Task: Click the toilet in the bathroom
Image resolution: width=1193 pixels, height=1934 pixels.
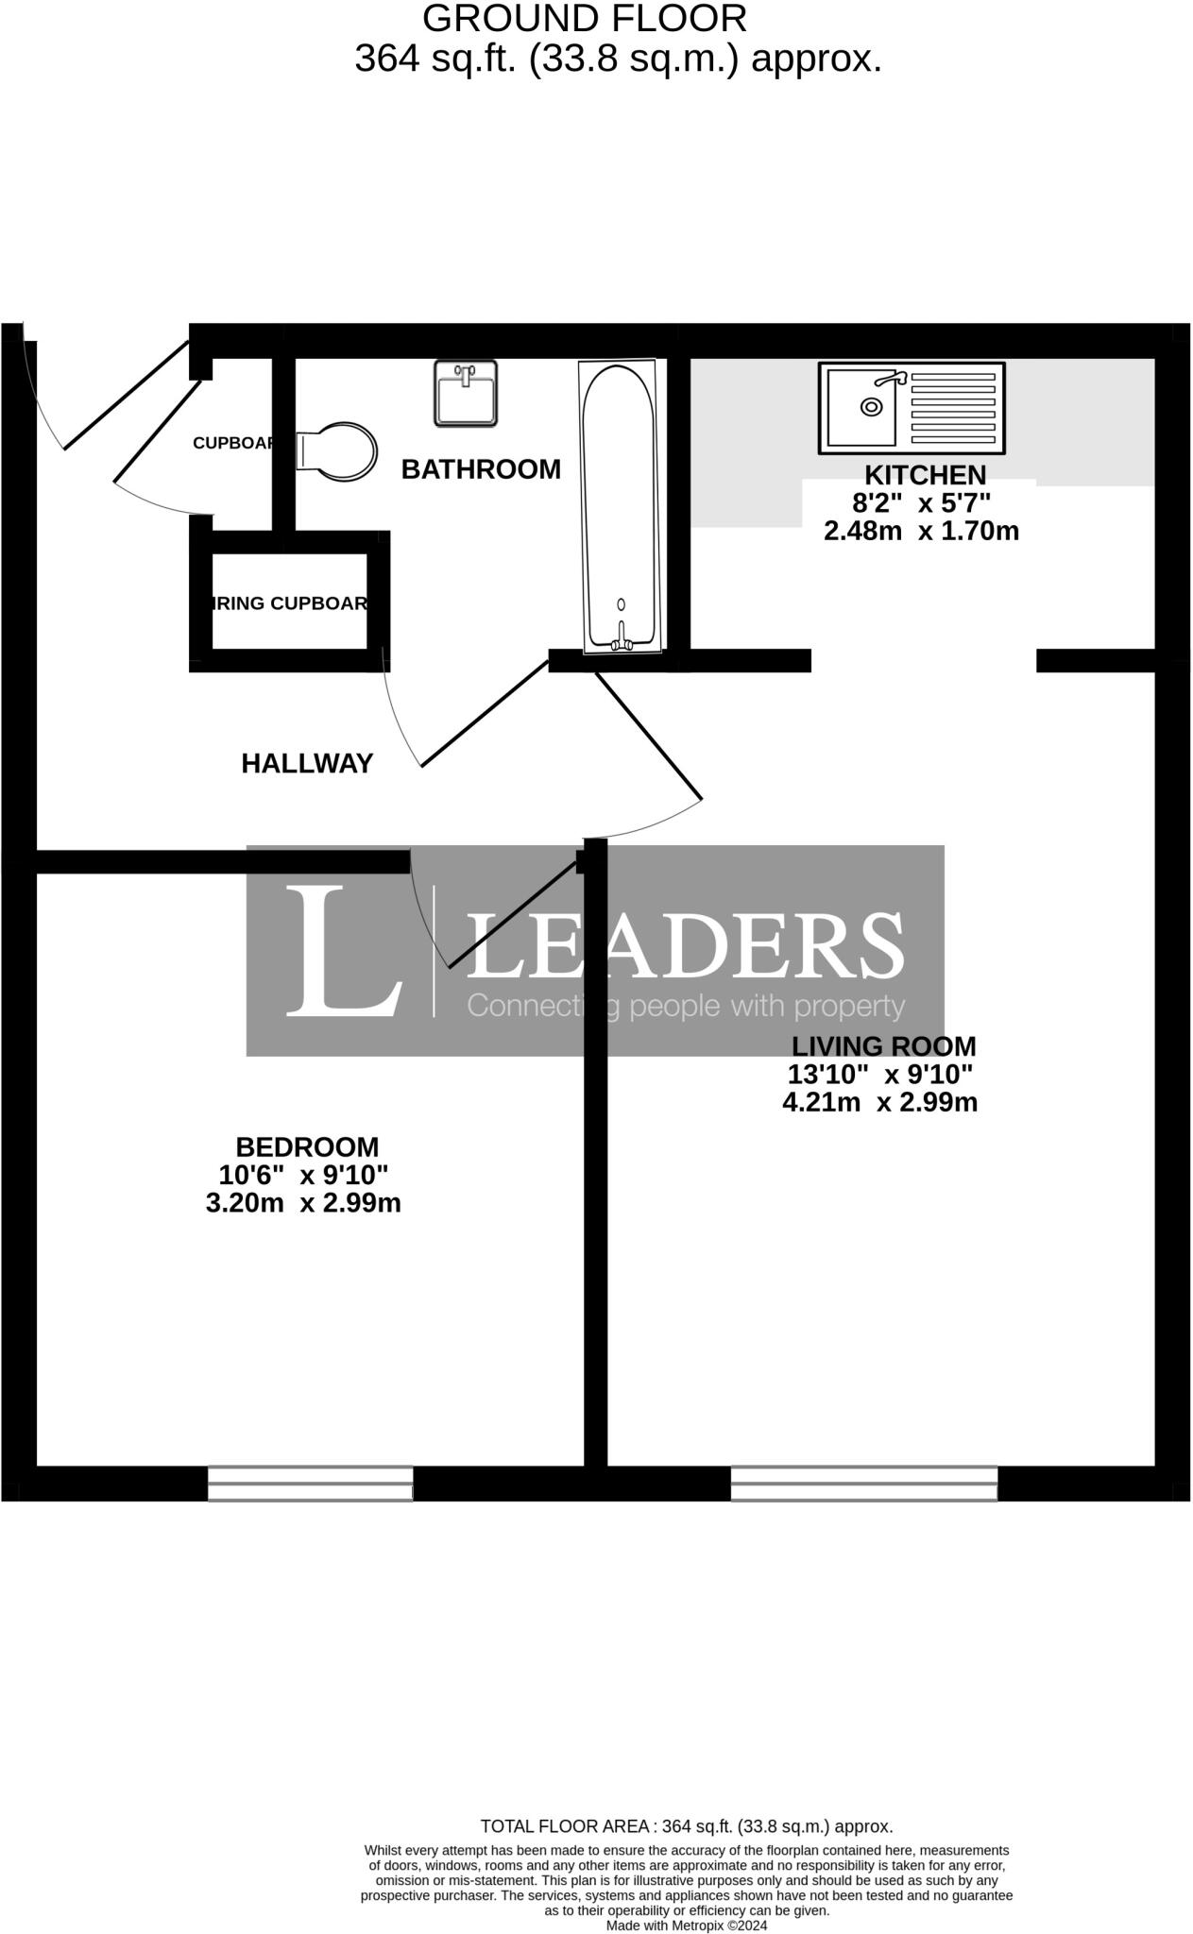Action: pyautogui.click(x=337, y=451)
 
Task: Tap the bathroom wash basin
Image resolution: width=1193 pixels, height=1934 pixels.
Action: pyautogui.click(x=465, y=393)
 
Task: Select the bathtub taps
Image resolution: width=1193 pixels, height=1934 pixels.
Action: pyautogui.click(x=622, y=643)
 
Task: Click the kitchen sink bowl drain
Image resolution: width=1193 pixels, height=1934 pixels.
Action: pyautogui.click(x=871, y=407)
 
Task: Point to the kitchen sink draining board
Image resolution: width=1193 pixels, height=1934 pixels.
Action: pyautogui.click(x=952, y=407)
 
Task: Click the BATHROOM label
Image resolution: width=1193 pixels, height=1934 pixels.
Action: pyautogui.click(x=481, y=469)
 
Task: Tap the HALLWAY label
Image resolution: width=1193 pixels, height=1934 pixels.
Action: pyautogui.click(x=307, y=764)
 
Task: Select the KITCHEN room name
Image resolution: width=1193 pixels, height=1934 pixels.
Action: pyautogui.click(x=925, y=475)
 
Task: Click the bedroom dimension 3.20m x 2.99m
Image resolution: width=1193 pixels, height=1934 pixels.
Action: pyautogui.click(x=303, y=1203)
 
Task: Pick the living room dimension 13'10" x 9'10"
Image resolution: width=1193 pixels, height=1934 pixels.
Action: pyautogui.click(x=880, y=1074)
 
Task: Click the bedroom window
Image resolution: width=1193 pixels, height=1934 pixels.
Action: pyautogui.click(x=310, y=1483)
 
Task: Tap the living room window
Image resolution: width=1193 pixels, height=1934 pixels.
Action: pyautogui.click(x=863, y=1483)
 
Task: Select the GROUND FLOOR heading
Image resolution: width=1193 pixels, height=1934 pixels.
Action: pyautogui.click(x=584, y=19)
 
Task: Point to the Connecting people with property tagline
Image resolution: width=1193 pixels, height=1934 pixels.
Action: pyautogui.click(x=686, y=1006)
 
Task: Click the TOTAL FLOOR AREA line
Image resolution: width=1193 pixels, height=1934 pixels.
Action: pyautogui.click(x=686, y=1826)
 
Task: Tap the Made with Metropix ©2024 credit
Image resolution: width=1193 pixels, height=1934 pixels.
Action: pyautogui.click(x=686, y=1926)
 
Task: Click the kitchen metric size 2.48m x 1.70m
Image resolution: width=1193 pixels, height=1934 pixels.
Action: pyautogui.click(x=921, y=531)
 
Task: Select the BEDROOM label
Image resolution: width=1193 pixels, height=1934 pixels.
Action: pyautogui.click(x=307, y=1147)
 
